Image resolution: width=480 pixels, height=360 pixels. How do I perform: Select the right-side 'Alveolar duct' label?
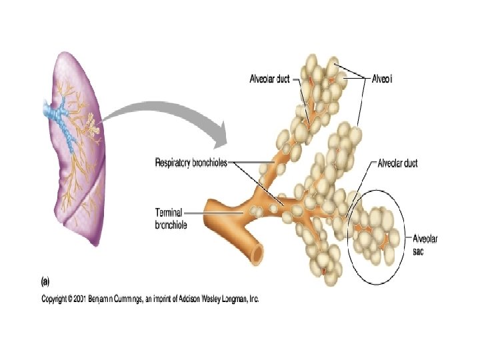[x=397, y=163]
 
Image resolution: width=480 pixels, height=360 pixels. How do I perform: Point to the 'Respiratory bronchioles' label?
[x=191, y=162]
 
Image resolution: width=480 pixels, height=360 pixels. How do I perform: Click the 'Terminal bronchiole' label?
[x=171, y=219]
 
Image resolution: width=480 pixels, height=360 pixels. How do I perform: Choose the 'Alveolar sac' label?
[x=425, y=244]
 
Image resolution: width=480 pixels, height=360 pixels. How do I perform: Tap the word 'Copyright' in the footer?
[x=58, y=299]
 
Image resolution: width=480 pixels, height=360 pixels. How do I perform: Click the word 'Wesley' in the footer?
[x=200, y=299]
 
